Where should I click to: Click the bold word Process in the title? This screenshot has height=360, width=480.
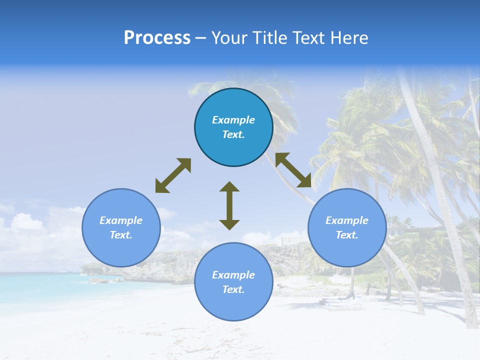click(157, 38)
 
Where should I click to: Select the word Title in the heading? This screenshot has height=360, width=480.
click(270, 38)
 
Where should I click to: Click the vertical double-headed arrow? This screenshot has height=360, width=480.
click(229, 205)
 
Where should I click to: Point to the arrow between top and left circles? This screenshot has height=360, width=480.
click(173, 175)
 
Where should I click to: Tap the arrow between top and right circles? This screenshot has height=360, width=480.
click(293, 170)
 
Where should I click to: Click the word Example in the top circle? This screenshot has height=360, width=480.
click(233, 120)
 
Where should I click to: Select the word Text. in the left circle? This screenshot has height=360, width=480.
click(121, 235)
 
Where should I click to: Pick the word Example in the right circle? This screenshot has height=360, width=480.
click(347, 220)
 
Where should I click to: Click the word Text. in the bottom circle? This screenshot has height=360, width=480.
click(233, 289)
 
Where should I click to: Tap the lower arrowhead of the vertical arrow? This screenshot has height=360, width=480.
click(229, 224)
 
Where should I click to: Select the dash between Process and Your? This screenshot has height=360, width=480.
click(200, 38)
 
